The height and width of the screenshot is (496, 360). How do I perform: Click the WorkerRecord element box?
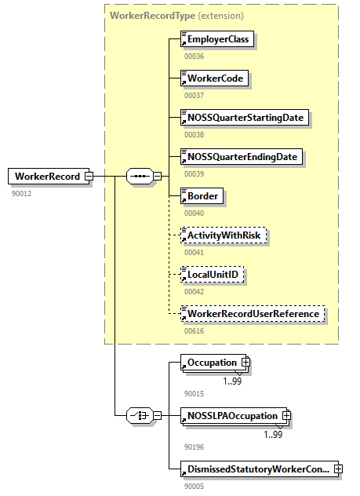pos(47,177)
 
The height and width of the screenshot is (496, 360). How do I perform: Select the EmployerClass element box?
pos(218,39)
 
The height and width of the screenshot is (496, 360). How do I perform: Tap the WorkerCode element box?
pos(214,78)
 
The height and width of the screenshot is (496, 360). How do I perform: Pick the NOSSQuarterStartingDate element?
pos(243,118)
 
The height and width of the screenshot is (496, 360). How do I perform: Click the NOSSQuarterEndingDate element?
pos(241,157)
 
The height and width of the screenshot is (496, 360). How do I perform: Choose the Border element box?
pos(202,196)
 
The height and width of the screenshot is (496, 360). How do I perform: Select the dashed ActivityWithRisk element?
pos(224,235)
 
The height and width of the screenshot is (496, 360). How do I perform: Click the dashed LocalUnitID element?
pos(213,275)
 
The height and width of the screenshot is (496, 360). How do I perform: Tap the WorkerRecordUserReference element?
pos(253,314)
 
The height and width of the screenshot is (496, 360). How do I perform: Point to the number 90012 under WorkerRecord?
pos(22,193)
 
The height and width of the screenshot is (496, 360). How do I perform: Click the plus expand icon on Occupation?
pos(245,363)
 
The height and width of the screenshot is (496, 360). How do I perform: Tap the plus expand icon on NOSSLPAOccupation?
pos(286,415)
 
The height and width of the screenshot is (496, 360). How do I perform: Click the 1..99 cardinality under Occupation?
pos(232,381)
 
